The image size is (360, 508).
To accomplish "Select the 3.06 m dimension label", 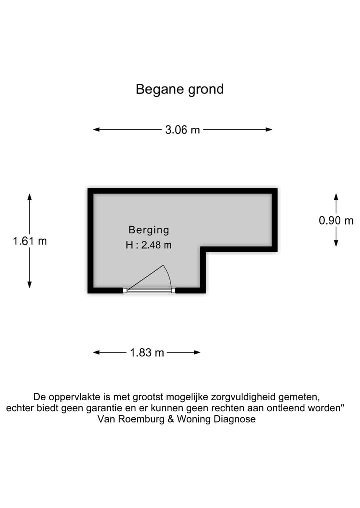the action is pyautogui.click(x=182, y=130).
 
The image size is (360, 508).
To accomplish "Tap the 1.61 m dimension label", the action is pyautogui.click(x=30, y=241).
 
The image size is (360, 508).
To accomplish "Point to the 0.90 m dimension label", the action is pyautogui.click(x=336, y=221).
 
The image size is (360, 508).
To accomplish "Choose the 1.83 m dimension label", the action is pyautogui.click(x=147, y=353).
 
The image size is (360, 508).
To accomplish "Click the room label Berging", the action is pyautogui.click(x=149, y=230).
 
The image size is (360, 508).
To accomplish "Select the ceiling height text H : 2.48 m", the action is pyautogui.click(x=149, y=245).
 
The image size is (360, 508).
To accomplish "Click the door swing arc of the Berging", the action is pyautogui.click(x=168, y=275).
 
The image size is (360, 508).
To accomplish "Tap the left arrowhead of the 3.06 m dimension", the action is pyautogui.click(x=96, y=129).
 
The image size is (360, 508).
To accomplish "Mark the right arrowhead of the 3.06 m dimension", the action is pyautogui.click(x=269, y=129).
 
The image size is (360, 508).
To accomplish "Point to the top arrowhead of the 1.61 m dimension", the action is pyautogui.click(x=30, y=197).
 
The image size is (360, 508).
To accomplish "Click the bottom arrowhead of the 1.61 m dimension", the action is pyautogui.click(x=30, y=284).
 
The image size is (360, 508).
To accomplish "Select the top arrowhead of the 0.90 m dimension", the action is pyautogui.click(x=336, y=197).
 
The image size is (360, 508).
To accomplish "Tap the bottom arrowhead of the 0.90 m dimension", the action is pyautogui.click(x=336, y=243).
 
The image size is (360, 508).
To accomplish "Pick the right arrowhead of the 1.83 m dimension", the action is pyautogui.click(x=197, y=352).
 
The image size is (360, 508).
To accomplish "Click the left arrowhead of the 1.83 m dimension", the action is pyautogui.click(x=96, y=352).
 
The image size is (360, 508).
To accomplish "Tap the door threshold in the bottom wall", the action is pyautogui.click(x=149, y=291).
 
